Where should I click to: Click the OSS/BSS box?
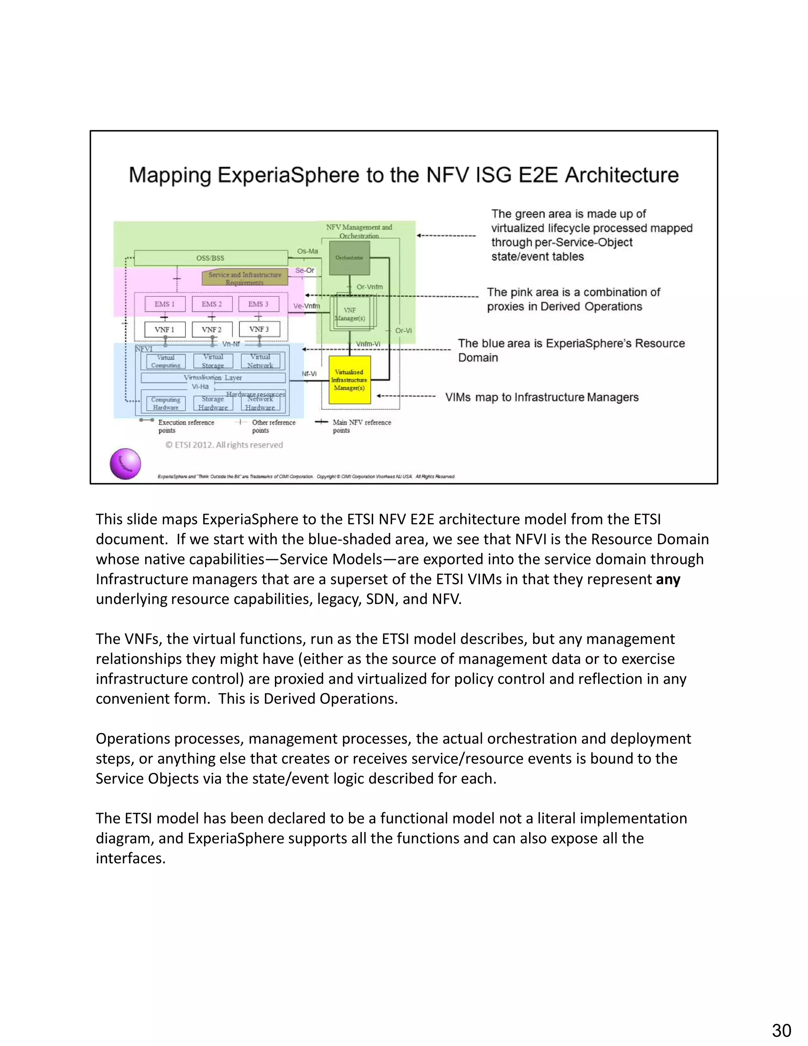[x=211, y=258]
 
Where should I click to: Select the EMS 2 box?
[x=211, y=304]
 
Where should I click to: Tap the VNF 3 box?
[x=259, y=330]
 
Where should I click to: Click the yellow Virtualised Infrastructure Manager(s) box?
[x=350, y=380]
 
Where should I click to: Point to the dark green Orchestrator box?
[x=350, y=258]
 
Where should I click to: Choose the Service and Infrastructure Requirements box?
[x=245, y=278]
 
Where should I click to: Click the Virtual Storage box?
[x=213, y=361]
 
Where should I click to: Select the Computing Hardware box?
[x=166, y=403]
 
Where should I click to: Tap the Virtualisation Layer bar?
[x=213, y=378]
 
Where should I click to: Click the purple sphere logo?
[x=125, y=464]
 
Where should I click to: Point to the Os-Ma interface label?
[x=307, y=251]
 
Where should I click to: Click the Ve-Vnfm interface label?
[x=306, y=306]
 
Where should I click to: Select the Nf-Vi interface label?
[x=309, y=373]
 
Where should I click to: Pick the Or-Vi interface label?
[x=403, y=330]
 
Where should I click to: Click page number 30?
[x=781, y=1030]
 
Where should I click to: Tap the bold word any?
[x=668, y=579]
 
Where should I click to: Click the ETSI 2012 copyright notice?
[x=224, y=445]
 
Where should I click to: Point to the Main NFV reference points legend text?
[x=361, y=426]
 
